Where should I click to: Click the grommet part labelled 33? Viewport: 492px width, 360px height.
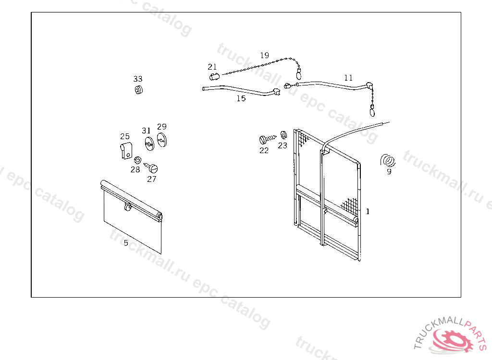pyautogui.click(x=139, y=90)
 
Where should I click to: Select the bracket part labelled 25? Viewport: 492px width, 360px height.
pyautogui.click(x=126, y=151)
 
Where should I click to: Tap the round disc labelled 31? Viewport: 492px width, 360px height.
pyautogui.click(x=150, y=144)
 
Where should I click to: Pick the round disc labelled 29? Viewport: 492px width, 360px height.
pyautogui.click(x=162, y=140)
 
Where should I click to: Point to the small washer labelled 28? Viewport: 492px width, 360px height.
pyautogui.click(x=137, y=160)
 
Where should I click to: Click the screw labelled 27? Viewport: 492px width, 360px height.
pyautogui.click(x=151, y=168)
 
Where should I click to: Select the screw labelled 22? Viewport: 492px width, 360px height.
pyautogui.click(x=267, y=139)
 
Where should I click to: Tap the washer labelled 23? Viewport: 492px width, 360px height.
pyautogui.click(x=283, y=135)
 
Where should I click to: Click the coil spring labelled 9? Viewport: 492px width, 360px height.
pyautogui.click(x=388, y=160)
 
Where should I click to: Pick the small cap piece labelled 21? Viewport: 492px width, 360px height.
pyautogui.click(x=214, y=76)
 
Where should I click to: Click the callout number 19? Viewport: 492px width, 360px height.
pyautogui.click(x=265, y=55)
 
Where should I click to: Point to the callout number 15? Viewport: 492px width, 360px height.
pyautogui.click(x=241, y=98)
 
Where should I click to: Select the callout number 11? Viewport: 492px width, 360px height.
pyautogui.click(x=348, y=78)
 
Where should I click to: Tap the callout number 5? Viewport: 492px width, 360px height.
pyautogui.click(x=126, y=243)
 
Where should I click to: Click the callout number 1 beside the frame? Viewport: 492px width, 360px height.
pyautogui.click(x=368, y=211)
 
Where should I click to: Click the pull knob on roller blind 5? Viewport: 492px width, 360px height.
pyautogui.click(x=127, y=207)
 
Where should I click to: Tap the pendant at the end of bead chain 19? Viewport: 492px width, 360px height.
pyautogui.click(x=299, y=74)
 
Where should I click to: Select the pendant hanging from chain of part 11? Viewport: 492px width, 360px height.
pyautogui.click(x=372, y=111)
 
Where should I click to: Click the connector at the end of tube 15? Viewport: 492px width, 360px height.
pyautogui.click(x=276, y=92)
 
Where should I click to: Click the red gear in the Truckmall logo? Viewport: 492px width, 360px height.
pyautogui.click(x=453, y=340)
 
